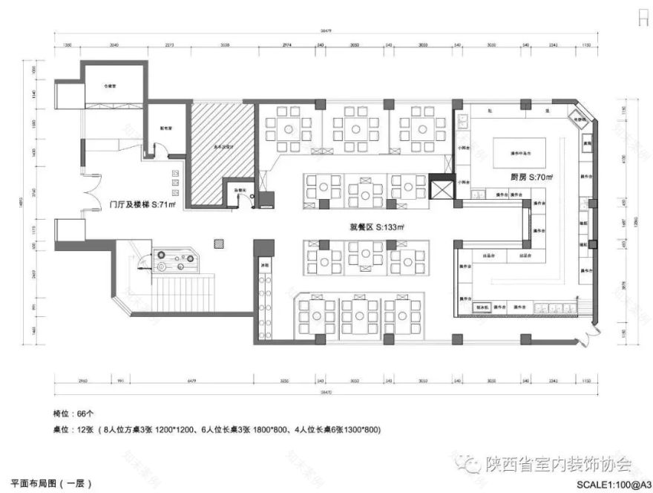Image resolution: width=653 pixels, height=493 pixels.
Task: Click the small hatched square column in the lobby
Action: point(218,243)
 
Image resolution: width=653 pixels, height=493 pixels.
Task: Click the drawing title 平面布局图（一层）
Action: point(52,483)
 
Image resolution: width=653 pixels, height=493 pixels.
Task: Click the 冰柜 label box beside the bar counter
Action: point(264,265)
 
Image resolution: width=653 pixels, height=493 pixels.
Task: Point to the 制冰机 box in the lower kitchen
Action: point(480,306)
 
